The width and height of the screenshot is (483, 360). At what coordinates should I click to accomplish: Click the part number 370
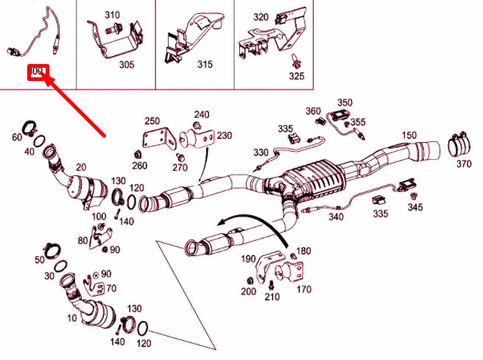pyautogui.click(x=463, y=164)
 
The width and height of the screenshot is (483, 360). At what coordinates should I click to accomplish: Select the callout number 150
pyautogui.click(x=409, y=135)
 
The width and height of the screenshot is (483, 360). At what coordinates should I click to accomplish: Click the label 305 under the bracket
pyautogui.click(x=127, y=65)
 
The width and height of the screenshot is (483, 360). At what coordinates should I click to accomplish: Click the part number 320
pyautogui.click(x=261, y=16)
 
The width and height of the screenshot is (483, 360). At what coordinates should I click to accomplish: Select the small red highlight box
pyautogui.click(x=38, y=73)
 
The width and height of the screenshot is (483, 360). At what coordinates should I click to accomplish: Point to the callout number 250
pyautogui.click(x=152, y=121)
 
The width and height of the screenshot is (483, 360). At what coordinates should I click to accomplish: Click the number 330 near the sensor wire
pyautogui.click(x=261, y=152)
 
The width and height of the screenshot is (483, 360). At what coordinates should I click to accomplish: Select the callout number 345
pyautogui.click(x=416, y=208)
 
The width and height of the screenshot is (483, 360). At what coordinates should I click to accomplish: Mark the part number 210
pyautogui.click(x=272, y=297)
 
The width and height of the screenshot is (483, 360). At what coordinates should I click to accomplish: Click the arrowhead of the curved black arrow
pyautogui.click(x=213, y=223)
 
